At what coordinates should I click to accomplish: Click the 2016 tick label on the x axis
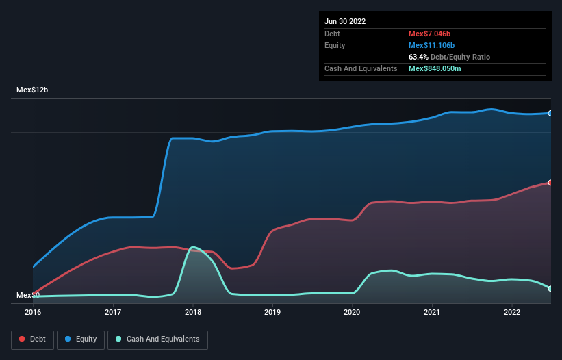33,312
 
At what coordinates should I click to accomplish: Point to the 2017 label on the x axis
113,312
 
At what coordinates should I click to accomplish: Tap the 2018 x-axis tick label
192,312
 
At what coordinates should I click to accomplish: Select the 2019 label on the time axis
272,312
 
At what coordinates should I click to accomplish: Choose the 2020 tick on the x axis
352,312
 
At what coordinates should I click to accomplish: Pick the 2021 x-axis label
432,312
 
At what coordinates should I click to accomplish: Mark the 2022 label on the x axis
511,312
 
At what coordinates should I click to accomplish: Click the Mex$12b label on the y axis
32,90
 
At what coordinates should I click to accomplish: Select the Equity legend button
81,339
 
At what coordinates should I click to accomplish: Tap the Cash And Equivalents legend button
157,339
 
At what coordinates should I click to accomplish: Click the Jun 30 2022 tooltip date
345,21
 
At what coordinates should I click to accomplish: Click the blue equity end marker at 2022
550,113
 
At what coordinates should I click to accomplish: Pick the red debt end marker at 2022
550,183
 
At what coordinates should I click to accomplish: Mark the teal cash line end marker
550,289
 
